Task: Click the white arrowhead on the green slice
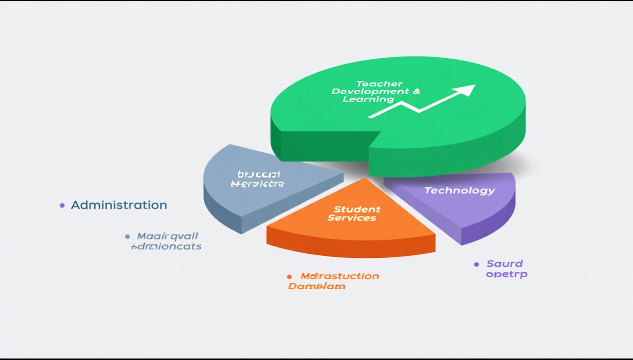[x=466, y=90]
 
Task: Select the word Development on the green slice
[x=367, y=92]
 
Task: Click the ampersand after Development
[x=416, y=92]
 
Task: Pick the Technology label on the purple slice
[x=459, y=190]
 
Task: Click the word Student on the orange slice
[x=357, y=209]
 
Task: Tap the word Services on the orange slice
[x=352, y=218]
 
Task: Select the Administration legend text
[x=119, y=205]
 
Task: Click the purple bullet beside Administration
[x=62, y=205]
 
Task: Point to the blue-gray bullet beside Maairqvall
[x=127, y=236]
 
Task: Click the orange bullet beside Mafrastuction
[x=289, y=276]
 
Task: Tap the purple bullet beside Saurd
[x=476, y=264]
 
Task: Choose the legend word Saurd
[x=504, y=264]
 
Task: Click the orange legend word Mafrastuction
[x=339, y=276]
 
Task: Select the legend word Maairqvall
[x=167, y=236]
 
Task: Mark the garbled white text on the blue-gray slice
[x=258, y=179]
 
